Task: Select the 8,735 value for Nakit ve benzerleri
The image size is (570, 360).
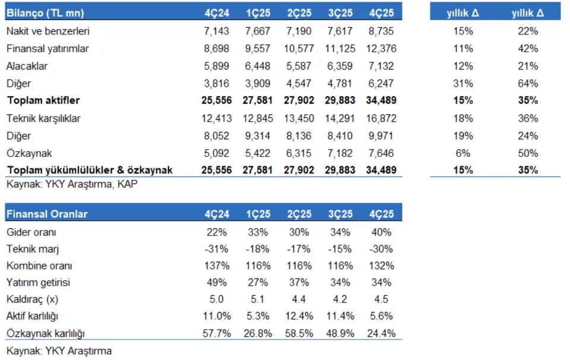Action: click(x=381, y=31)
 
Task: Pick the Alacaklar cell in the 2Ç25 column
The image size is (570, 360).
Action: click(x=299, y=66)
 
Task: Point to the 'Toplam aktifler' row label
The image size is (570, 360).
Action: click(x=43, y=100)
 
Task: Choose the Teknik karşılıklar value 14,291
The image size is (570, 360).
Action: click(x=340, y=118)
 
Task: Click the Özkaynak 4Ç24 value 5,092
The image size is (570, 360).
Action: click(x=217, y=153)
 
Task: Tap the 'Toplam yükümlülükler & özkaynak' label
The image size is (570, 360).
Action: click(x=89, y=170)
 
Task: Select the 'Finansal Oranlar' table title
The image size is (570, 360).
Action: click(x=46, y=214)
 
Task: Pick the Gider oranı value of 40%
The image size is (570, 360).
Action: click(x=381, y=232)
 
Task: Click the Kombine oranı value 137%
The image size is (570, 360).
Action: click(x=217, y=266)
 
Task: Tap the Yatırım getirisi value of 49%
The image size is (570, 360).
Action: click(x=217, y=283)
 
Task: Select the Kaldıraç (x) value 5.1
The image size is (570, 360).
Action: click(x=258, y=299)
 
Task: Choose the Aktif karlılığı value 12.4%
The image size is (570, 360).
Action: click(x=299, y=316)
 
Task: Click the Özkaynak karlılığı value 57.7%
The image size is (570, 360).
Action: click(x=217, y=333)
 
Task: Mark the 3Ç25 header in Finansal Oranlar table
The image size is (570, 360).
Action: click(x=340, y=214)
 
